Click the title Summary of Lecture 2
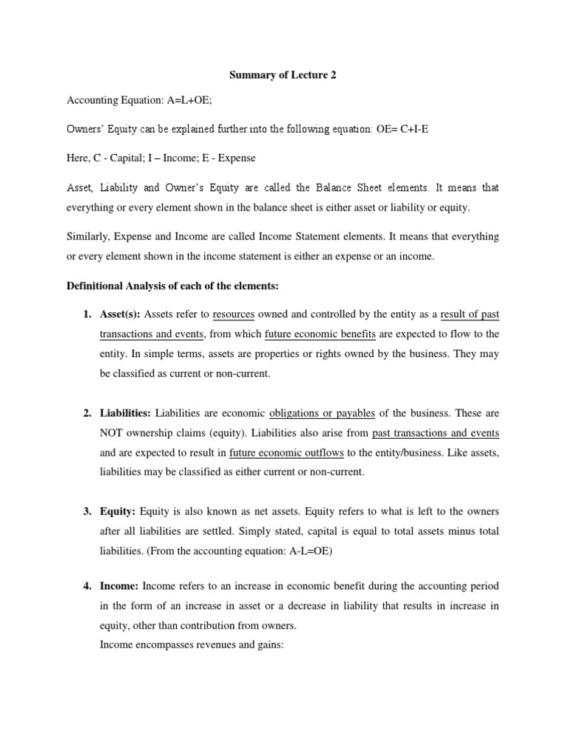point(282,74)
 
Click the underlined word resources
point(234,314)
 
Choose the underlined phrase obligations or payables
point(323,412)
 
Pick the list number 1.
point(87,314)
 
